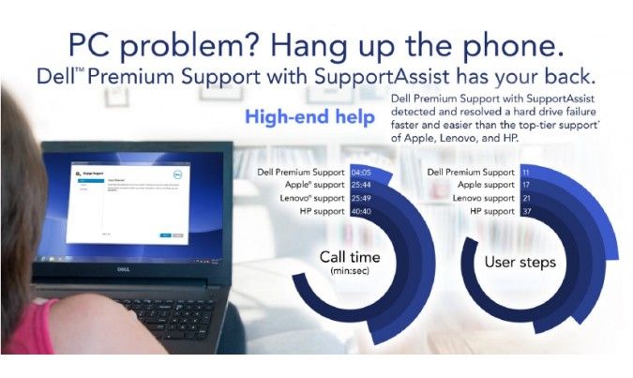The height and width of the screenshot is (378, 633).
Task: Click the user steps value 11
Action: coord(526,173)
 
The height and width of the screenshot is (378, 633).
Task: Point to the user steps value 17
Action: coord(526,186)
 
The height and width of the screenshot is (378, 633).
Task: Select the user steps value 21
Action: coord(526,199)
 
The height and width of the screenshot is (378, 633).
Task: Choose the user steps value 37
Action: coord(526,212)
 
